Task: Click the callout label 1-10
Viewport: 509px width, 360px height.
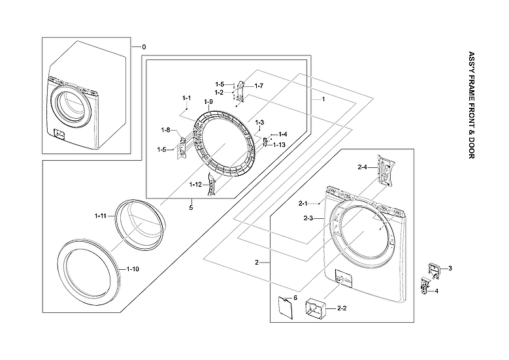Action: point(133,269)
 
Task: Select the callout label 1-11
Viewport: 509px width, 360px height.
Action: point(100,216)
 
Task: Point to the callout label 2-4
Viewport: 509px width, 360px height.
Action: point(363,168)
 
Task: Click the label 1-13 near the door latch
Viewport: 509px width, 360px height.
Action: point(279,144)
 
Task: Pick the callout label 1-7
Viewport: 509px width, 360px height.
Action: point(259,86)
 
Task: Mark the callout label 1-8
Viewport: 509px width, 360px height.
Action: point(166,130)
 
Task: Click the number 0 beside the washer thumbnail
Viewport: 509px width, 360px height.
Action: point(144,47)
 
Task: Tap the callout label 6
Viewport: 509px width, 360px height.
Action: point(295,297)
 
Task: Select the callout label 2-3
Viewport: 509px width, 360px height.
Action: point(309,218)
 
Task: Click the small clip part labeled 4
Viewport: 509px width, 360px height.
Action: point(427,286)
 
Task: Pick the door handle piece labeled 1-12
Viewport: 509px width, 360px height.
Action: point(211,184)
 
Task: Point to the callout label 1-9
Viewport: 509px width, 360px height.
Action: point(208,102)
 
